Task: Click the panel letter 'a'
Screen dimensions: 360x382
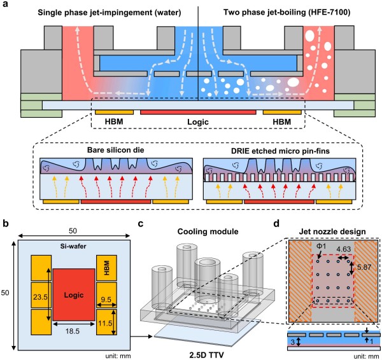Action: [6, 6]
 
